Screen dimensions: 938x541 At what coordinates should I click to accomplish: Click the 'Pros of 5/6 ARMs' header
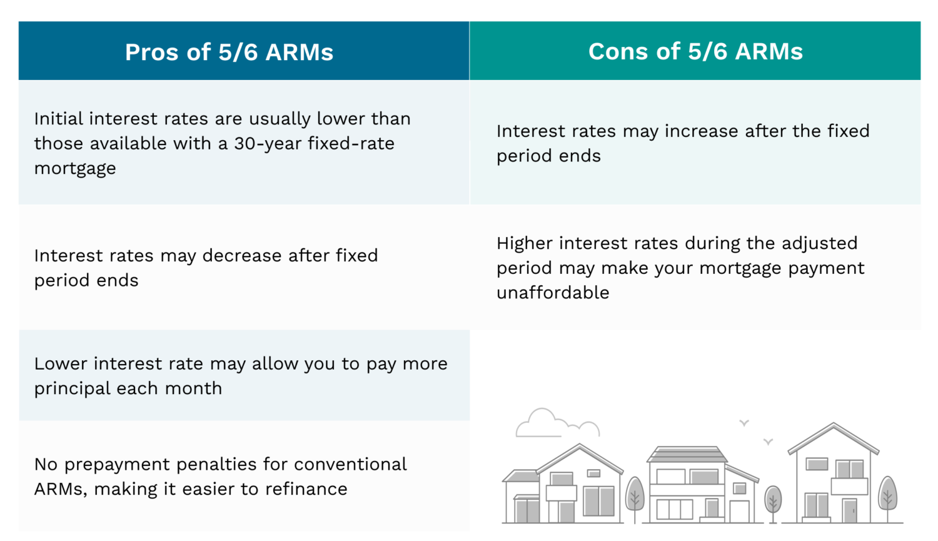(x=229, y=53)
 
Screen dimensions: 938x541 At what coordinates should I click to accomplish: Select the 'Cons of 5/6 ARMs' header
(x=695, y=51)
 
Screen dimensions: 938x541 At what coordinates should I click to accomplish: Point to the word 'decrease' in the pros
(x=242, y=255)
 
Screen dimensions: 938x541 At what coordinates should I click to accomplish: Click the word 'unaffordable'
(x=553, y=292)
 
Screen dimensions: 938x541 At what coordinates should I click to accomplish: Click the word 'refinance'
(x=306, y=488)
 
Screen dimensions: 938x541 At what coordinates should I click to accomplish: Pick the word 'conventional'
(x=350, y=464)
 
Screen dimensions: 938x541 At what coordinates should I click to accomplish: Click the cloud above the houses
(x=557, y=423)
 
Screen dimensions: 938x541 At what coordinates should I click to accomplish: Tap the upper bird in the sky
(x=744, y=423)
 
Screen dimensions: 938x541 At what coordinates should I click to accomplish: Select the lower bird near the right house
(x=768, y=442)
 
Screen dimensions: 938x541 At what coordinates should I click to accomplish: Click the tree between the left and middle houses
(x=635, y=498)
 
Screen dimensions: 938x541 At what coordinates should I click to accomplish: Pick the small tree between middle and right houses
(x=773, y=502)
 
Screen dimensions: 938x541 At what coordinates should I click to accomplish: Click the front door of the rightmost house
(x=850, y=511)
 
